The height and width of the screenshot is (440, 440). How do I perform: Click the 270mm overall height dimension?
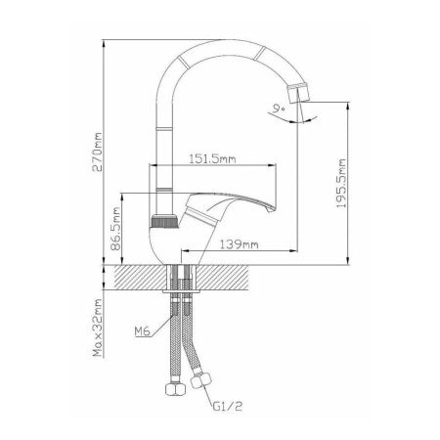click(97, 152)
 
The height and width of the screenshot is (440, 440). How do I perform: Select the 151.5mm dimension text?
click(212, 159)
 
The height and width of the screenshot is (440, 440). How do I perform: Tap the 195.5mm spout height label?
click(341, 184)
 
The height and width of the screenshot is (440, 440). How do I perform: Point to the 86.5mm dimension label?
click(115, 229)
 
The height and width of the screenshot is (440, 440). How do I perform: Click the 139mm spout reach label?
click(239, 244)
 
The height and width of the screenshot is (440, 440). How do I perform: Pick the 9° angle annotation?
click(279, 109)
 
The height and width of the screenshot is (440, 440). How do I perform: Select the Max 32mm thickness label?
click(98, 328)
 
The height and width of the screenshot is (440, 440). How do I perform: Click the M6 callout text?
click(143, 331)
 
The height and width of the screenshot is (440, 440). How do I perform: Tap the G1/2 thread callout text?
click(228, 406)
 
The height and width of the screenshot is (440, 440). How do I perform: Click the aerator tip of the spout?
click(298, 93)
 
